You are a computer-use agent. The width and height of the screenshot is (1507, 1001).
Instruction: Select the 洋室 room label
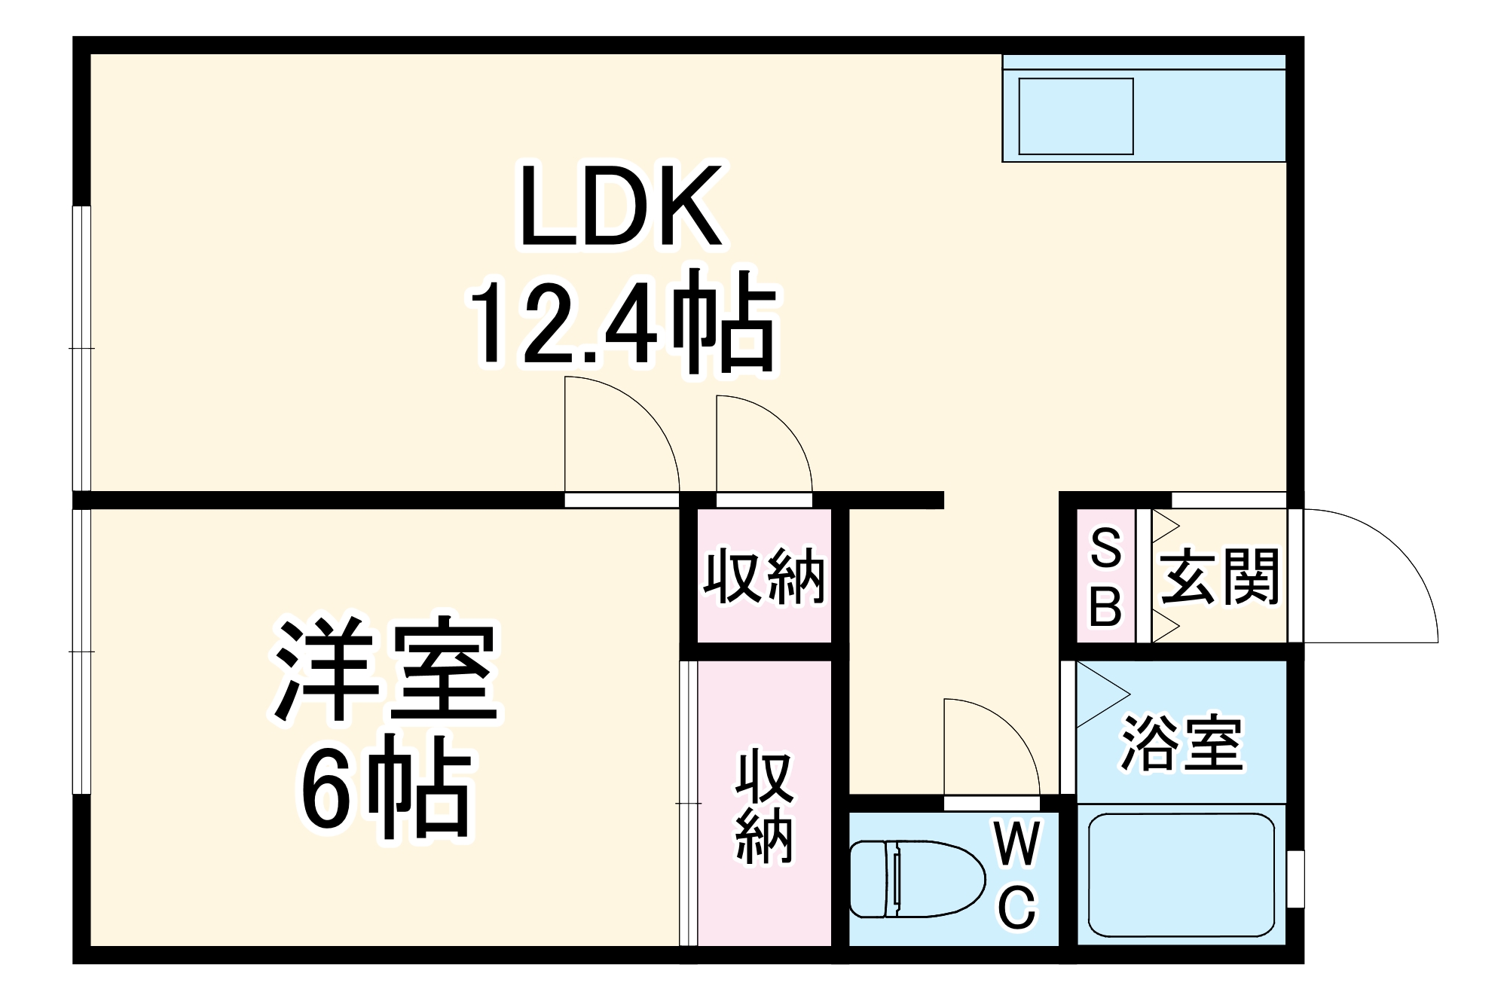point(386,669)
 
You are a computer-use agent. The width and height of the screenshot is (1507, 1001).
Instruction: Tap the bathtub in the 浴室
point(1181,874)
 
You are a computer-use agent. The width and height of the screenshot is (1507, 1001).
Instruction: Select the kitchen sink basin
point(1076,116)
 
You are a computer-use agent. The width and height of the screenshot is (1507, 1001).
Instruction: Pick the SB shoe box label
point(1105,577)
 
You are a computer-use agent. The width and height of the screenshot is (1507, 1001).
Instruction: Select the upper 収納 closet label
point(764,577)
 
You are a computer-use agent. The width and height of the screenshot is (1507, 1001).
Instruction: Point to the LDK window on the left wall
point(81,348)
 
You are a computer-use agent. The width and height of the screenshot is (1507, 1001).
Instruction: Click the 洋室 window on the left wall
point(81,651)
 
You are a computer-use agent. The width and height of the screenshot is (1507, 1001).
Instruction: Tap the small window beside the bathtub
point(1295,879)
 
